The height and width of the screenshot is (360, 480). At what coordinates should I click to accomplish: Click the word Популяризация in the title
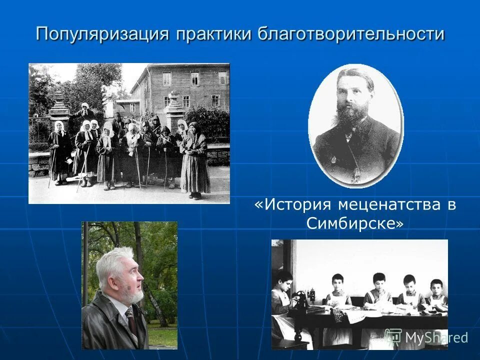click(x=102, y=34)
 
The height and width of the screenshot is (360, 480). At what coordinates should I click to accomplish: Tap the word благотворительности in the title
click(x=350, y=34)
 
